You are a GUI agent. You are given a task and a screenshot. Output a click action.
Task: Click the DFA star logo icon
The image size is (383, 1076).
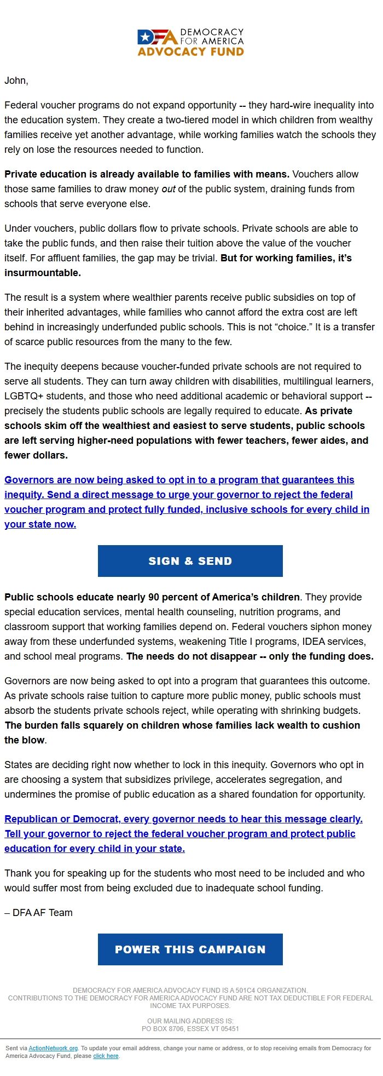(x=145, y=37)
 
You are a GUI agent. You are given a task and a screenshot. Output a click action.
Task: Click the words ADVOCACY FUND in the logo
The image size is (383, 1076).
(x=190, y=52)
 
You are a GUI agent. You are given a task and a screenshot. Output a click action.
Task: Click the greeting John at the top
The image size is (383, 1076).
(x=16, y=81)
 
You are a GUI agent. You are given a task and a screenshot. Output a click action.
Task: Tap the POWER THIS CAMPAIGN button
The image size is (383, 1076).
(x=190, y=949)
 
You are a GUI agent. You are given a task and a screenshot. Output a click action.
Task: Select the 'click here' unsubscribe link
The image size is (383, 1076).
(x=106, y=1056)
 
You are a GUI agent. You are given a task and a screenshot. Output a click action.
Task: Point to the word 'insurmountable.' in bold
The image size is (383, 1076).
(x=43, y=273)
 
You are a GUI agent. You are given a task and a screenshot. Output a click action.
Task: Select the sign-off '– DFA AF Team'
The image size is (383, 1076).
(x=38, y=913)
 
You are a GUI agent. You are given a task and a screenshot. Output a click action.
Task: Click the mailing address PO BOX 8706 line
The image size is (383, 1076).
(x=190, y=1029)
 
